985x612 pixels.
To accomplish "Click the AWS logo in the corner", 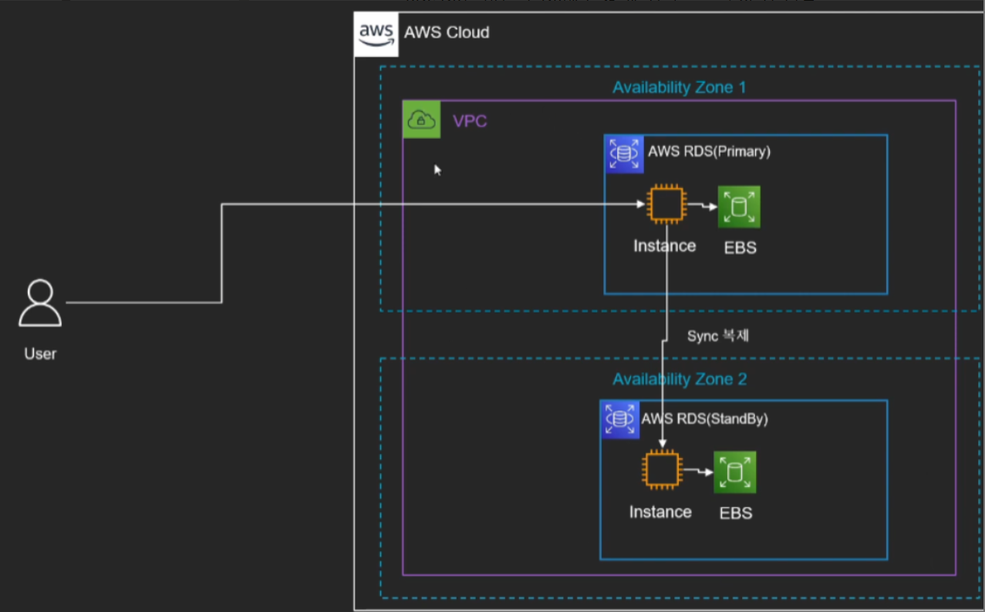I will [x=376, y=34].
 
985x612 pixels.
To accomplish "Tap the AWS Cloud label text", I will [x=447, y=32].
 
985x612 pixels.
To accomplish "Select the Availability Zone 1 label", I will [x=679, y=87].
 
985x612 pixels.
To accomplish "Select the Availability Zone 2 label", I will [x=679, y=379].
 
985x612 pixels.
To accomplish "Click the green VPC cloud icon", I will [x=422, y=120].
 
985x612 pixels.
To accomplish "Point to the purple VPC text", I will [x=470, y=121].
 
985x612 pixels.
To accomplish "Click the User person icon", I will [x=40, y=303].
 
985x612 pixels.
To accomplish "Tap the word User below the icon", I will [x=40, y=354].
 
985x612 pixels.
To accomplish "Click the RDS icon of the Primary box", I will [x=624, y=154].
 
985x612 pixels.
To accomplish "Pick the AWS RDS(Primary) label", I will [x=709, y=151].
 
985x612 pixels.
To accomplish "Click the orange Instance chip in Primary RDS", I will [x=666, y=205].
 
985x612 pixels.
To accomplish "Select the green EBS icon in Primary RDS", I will [x=739, y=207].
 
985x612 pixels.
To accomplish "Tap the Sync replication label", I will [x=717, y=336].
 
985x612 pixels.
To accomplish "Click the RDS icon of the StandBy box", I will [x=619, y=419].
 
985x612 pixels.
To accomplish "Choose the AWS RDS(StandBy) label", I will [x=704, y=418].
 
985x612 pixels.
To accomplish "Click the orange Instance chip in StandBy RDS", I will [x=661, y=470].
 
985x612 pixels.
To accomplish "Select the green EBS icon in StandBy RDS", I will [x=734, y=472].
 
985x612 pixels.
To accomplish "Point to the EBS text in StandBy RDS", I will [x=735, y=513].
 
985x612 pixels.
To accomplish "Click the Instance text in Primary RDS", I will [x=664, y=245].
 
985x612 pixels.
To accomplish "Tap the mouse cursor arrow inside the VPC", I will [x=437, y=170].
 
